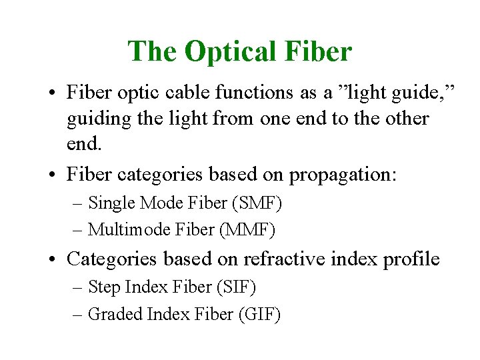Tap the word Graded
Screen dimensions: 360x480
point(112,314)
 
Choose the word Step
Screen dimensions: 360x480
point(104,287)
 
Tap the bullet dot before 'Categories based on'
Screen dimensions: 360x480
point(51,259)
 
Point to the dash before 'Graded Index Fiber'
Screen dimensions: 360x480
point(79,315)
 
